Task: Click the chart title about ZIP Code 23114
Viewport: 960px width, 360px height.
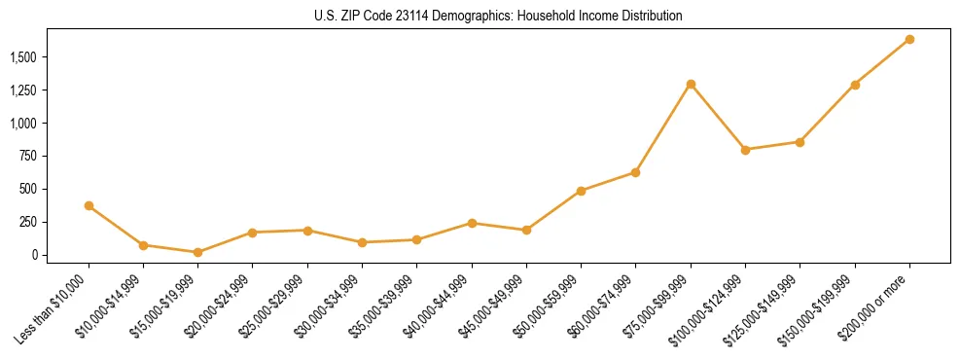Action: [x=498, y=17]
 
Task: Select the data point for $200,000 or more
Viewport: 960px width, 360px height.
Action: [x=909, y=39]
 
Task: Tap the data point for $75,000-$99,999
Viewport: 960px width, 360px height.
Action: [x=691, y=84]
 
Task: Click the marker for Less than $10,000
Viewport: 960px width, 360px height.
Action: [x=89, y=205]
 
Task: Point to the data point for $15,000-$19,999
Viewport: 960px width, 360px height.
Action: [x=197, y=252]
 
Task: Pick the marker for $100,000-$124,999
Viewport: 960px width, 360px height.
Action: [x=745, y=150]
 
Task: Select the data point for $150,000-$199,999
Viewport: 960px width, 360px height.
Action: [x=855, y=85]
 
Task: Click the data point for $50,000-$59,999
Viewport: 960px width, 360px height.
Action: [x=581, y=191]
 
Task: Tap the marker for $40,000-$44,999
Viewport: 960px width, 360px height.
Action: [x=472, y=223]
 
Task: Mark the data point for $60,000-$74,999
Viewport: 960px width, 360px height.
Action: [x=635, y=172]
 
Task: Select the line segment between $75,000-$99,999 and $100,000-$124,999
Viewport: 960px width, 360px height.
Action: [x=718, y=117]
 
